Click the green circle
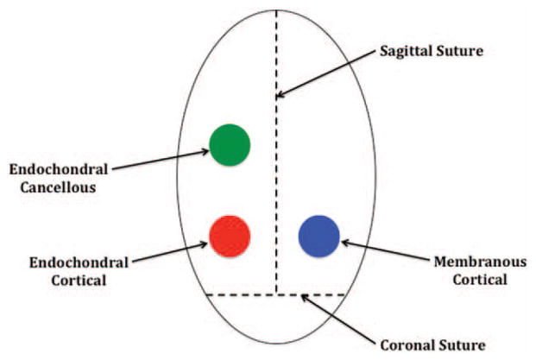[230, 143]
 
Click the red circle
[230, 235]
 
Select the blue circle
[318, 235]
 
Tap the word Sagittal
[408, 51]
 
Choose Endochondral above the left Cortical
[65, 263]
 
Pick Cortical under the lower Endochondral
[65, 281]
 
